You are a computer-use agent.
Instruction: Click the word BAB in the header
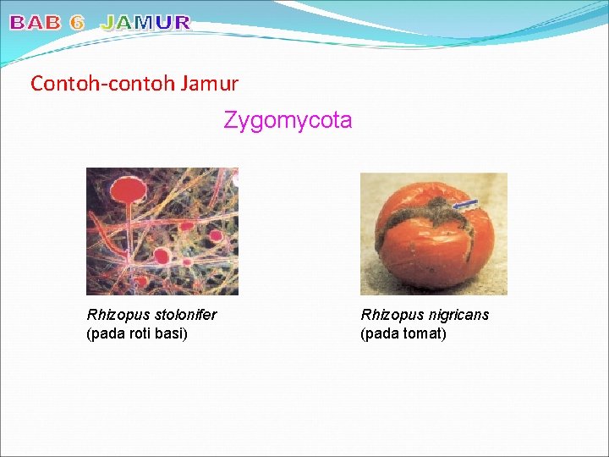pyautogui.click(x=36, y=23)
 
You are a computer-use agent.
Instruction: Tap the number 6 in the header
pyautogui.click(x=77, y=23)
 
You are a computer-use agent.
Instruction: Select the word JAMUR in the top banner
pyautogui.click(x=145, y=23)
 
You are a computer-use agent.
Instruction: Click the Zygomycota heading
pyautogui.click(x=288, y=121)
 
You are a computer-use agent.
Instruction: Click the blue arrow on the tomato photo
pyautogui.click(x=465, y=205)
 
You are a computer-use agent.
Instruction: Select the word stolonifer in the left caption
pyautogui.click(x=185, y=315)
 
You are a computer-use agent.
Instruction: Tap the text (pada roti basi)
pyautogui.click(x=137, y=333)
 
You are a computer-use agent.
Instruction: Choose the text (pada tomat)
pyautogui.click(x=403, y=333)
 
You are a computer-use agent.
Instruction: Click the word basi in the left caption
pyautogui.click(x=171, y=333)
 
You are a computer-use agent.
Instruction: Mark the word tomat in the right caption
pyautogui.click(x=424, y=333)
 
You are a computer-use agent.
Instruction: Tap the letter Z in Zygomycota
pyautogui.click(x=229, y=121)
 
